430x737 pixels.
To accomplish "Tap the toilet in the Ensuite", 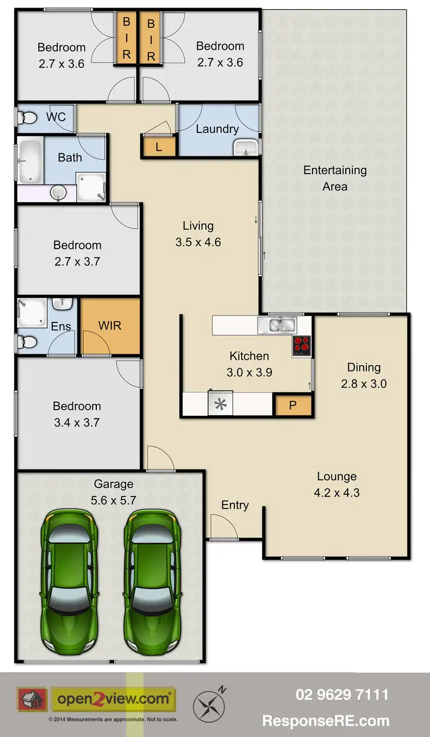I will point(26,342).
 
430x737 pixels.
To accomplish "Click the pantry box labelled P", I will point(292,405).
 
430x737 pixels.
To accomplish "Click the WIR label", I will point(110,326).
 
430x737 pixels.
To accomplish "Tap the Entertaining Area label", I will point(335,178).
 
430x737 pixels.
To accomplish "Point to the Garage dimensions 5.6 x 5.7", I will point(113,500).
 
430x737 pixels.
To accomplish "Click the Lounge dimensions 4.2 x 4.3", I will point(337,492).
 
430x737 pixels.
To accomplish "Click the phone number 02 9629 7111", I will point(342,695).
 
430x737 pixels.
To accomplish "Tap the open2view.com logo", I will point(113,699).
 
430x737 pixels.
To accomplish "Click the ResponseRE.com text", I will point(326,721).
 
